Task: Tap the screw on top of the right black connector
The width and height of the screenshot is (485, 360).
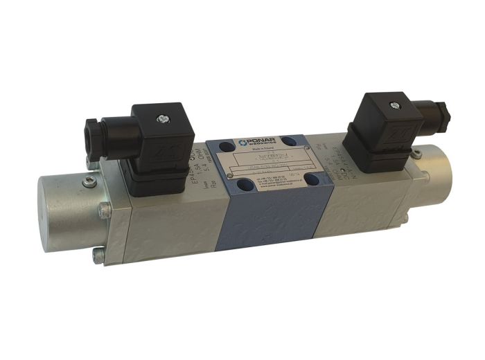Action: tap(394, 105)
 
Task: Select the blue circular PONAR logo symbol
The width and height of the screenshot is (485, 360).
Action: tap(243, 142)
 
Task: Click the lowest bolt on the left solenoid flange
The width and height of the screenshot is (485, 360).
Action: tap(98, 257)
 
